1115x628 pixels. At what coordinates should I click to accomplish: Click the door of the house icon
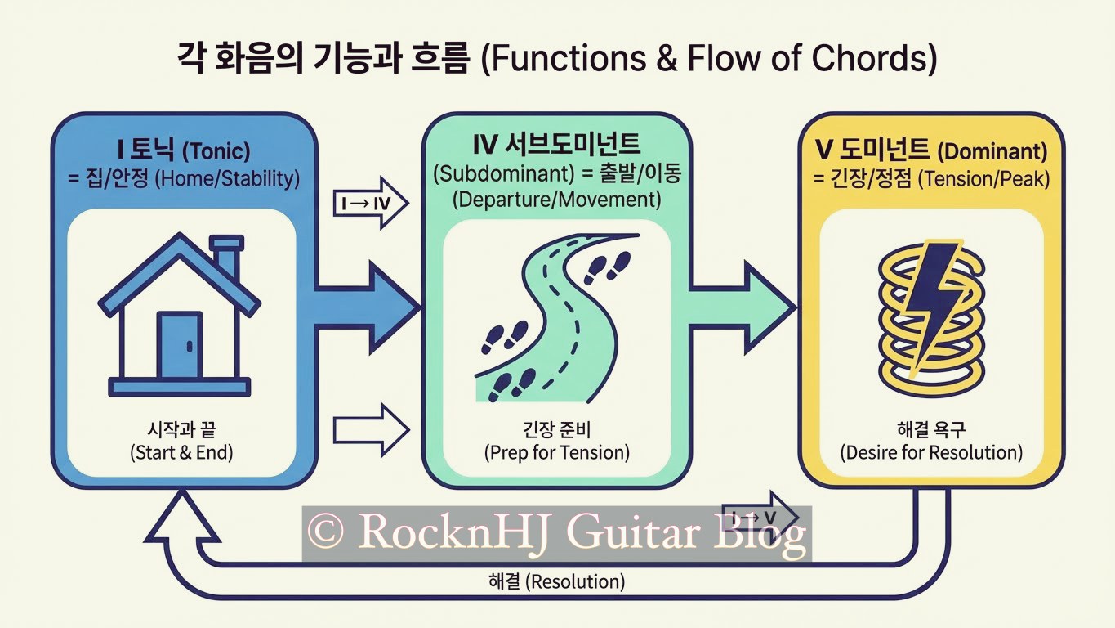179,343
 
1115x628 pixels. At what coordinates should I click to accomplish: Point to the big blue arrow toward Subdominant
368,307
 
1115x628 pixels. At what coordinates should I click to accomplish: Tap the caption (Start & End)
181,452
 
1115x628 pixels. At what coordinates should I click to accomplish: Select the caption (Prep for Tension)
557,452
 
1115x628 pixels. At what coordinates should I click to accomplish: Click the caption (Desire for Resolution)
931,452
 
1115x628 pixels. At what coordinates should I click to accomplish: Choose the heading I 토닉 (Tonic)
181,150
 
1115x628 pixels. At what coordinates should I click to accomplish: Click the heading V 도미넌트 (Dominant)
931,150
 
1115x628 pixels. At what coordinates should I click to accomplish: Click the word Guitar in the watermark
632,533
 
